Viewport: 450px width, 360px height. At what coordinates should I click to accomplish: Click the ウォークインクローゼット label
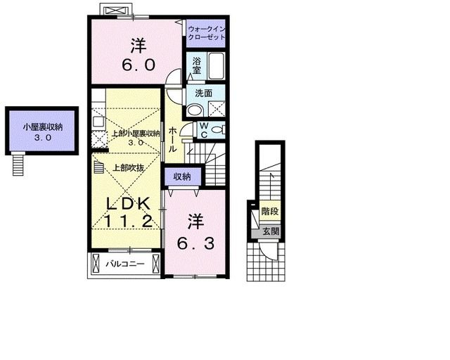pyautogui.click(x=206, y=33)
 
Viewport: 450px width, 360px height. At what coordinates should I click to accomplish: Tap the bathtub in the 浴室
pyautogui.click(x=216, y=65)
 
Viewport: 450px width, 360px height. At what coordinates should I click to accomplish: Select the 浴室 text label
pyautogui.click(x=197, y=65)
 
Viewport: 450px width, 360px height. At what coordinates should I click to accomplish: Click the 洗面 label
pyautogui.click(x=204, y=93)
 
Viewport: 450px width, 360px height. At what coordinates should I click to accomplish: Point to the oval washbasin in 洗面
pyautogui.click(x=195, y=110)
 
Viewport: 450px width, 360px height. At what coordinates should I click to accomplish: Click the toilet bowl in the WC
pyautogui.click(x=217, y=130)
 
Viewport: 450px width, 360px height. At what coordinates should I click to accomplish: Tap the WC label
pyautogui.click(x=204, y=130)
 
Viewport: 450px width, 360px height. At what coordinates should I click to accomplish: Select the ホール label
pyautogui.click(x=172, y=139)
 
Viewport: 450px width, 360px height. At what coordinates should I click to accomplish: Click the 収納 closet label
pyautogui.click(x=182, y=176)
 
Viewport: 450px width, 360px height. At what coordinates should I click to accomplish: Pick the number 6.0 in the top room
pyautogui.click(x=139, y=65)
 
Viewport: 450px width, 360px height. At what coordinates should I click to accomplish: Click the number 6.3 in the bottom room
pyautogui.click(x=195, y=244)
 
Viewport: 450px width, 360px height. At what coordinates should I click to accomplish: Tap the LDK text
pyautogui.click(x=128, y=203)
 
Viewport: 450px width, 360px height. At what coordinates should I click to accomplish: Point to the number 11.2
pyautogui.click(x=128, y=221)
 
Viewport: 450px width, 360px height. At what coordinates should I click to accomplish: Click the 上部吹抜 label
pyautogui.click(x=128, y=167)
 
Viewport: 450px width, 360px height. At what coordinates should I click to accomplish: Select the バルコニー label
pyautogui.click(x=125, y=264)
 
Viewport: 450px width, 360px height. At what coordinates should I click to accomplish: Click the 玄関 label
pyautogui.click(x=271, y=231)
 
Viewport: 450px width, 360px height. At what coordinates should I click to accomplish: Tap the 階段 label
pyautogui.click(x=270, y=212)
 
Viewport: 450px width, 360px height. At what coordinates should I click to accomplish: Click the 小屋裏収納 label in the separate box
pyautogui.click(x=43, y=127)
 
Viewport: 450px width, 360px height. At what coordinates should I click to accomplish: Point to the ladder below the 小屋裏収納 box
pyautogui.click(x=19, y=164)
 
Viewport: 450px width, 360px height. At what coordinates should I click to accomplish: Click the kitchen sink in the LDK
pyautogui.click(x=98, y=122)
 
